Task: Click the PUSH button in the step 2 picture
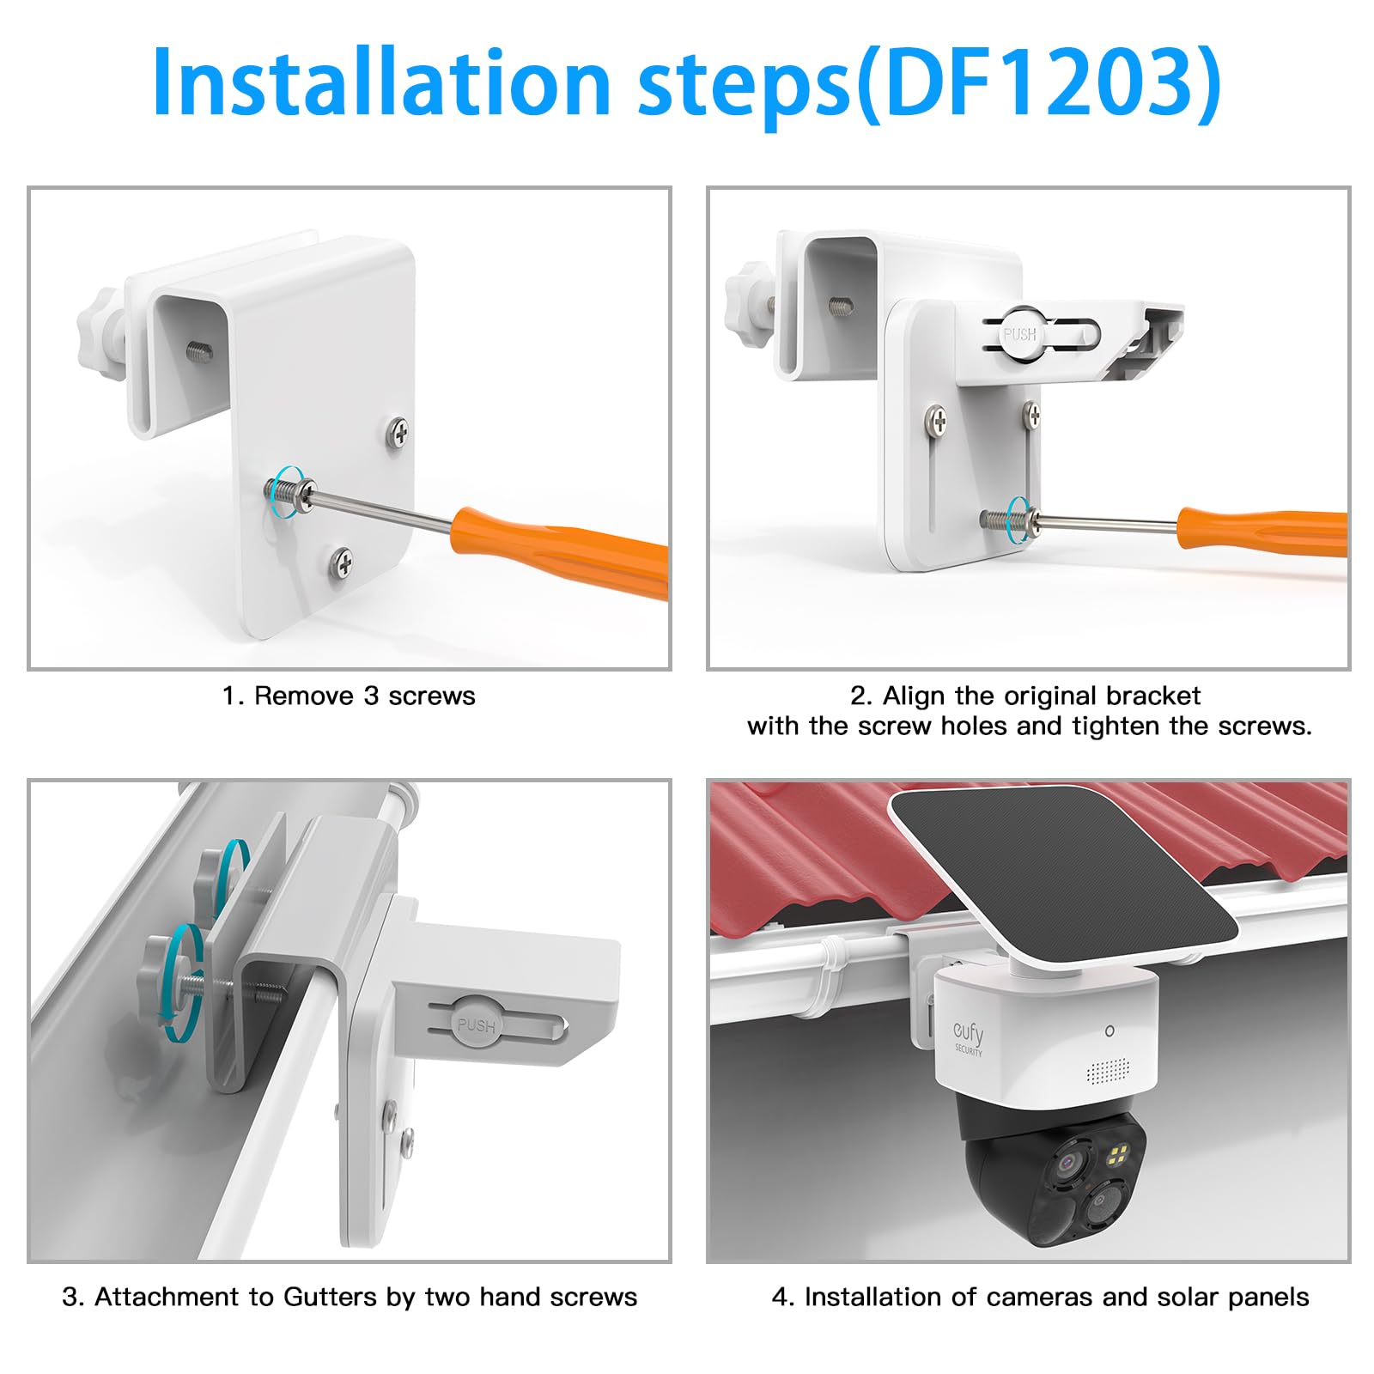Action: coord(1020,334)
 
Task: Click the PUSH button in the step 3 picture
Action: coord(476,1025)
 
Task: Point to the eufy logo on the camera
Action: coord(968,1034)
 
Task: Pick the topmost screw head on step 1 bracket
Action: coord(398,432)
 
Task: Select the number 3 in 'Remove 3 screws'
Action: coord(371,696)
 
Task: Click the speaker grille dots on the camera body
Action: coord(1108,1070)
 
